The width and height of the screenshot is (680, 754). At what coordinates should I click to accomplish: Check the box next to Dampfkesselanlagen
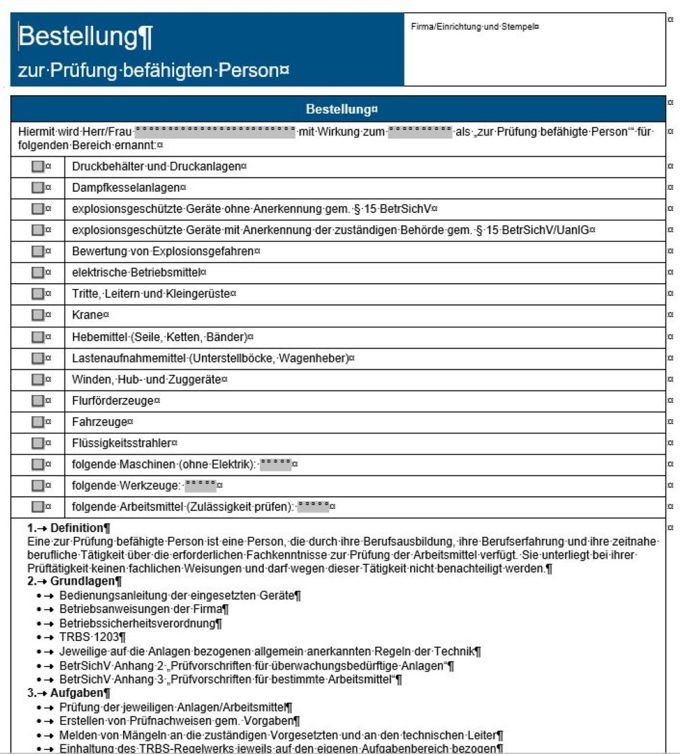[37, 187]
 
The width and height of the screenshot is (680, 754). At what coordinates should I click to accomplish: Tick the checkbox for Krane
[37, 315]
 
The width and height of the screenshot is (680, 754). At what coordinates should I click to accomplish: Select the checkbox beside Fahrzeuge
[37, 422]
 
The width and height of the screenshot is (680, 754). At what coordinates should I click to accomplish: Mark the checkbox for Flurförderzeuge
[37, 401]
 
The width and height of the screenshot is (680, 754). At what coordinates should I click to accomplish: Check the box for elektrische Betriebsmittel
[37, 272]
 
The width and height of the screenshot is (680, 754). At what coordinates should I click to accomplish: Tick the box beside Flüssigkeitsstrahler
[37, 443]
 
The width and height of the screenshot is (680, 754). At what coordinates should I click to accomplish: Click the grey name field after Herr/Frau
[215, 132]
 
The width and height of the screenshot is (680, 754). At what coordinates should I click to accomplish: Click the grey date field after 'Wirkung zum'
[420, 132]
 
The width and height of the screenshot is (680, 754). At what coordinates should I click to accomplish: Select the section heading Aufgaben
[76, 693]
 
